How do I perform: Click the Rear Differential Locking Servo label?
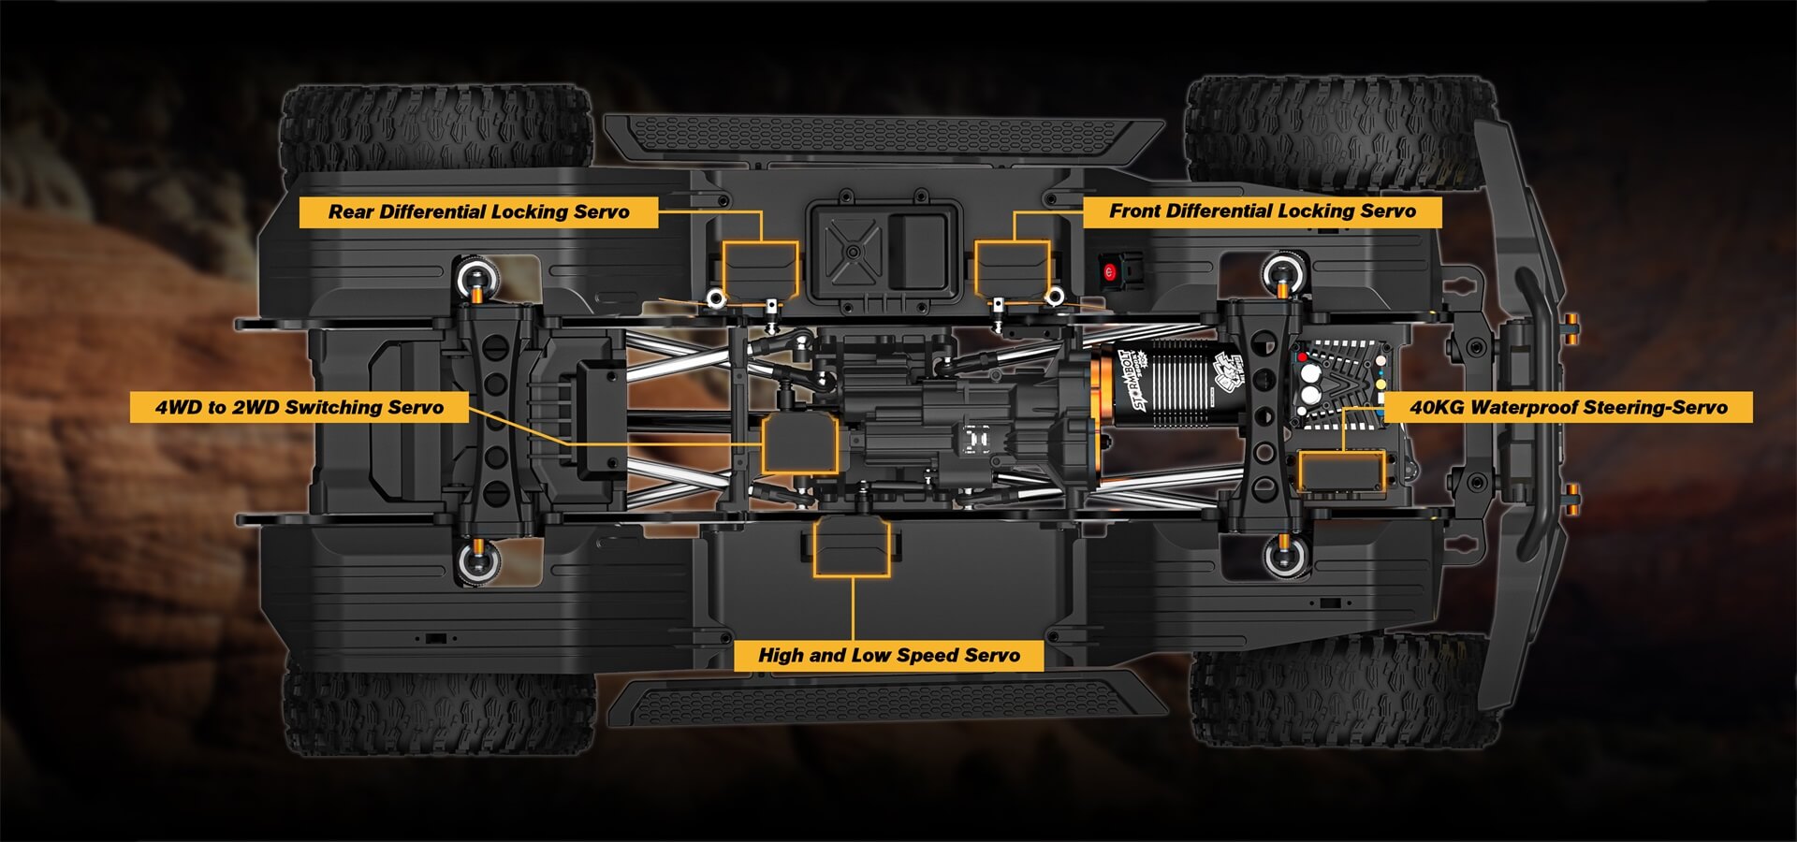(x=478, y=211)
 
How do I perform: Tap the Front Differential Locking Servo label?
(x=1262, y=211)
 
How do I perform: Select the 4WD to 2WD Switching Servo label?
(x=299, y=407)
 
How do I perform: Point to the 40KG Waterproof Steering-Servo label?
(x=1568, y=407)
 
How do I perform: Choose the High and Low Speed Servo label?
(x=888, y=655)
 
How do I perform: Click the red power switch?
(x=1110, y=272)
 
